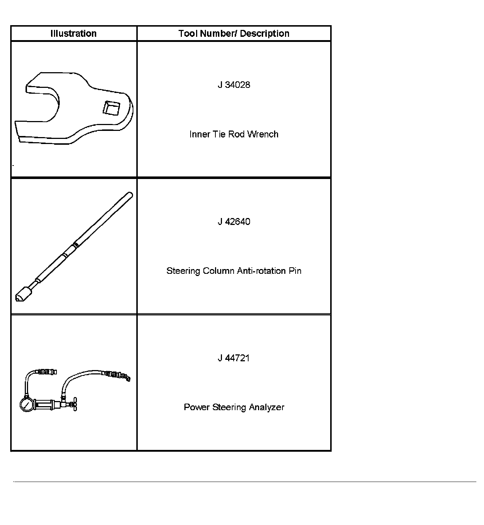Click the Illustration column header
pyautogui.click(x=74, y=34)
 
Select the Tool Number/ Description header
pyautogui.click(x=234, y=34)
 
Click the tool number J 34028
pyautogui.click(x=234, y=85)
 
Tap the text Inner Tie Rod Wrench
pyautogui.click(x=234, y=134)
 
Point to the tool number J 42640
pyautogui.click(x=234, y=222)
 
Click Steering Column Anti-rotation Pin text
pyautogui.click(x=234, y=271)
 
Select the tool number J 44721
pyautogui.click(x=234, y=358)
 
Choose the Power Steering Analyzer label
pyautogui.click(x=234, y=407)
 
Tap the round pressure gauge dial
pyautogui.click(x=27, y=405)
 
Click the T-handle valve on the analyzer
pyautogui.click(x=75, y=404)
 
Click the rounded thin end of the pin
pyautogui.click(x=129, y=195)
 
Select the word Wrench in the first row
pyautogui.click(x=263, y=134)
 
